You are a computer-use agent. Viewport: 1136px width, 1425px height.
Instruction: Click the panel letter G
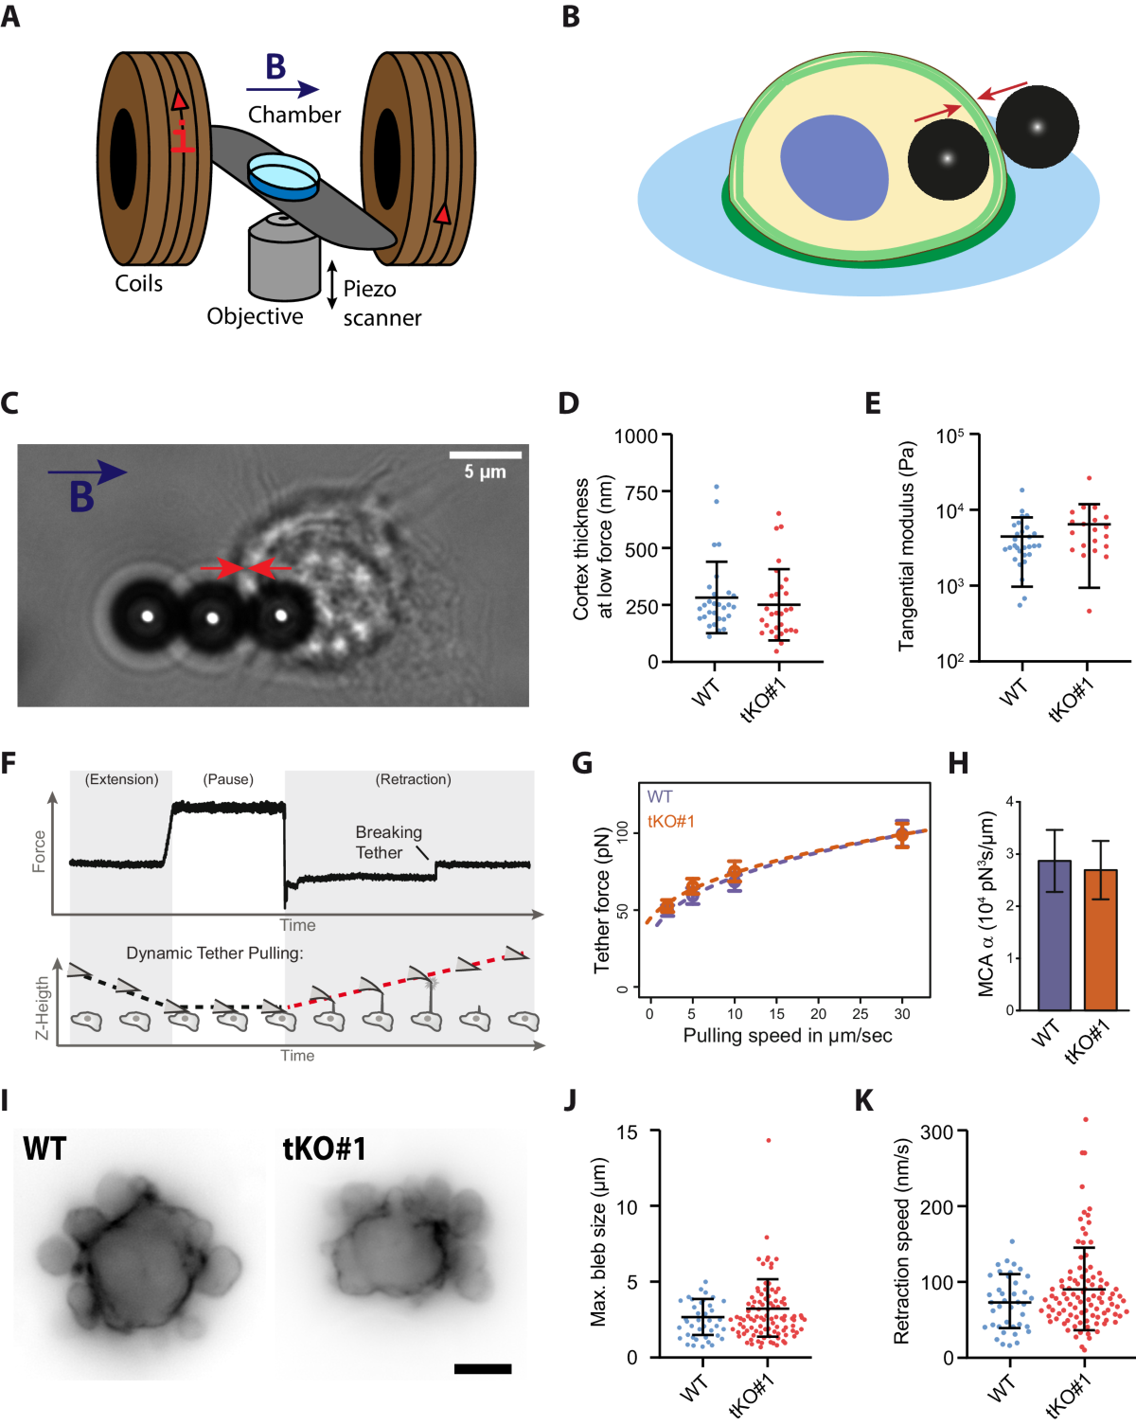click(581, 763)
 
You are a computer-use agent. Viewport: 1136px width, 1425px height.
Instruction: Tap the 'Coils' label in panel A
click(138, 283)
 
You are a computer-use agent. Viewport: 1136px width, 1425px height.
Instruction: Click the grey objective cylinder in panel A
click(283, 265)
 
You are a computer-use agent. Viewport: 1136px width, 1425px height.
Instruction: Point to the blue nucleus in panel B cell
click(833, 168)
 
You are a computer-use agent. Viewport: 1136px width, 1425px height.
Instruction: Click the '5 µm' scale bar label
click(485, 472)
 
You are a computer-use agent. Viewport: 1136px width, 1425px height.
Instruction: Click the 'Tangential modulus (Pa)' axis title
click(907, 545)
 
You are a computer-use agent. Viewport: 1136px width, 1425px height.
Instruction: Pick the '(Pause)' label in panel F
click(228, 779)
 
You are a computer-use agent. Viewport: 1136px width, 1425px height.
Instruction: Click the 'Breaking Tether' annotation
click(388, 842)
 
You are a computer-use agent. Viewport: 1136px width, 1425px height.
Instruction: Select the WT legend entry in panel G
click(660, 796)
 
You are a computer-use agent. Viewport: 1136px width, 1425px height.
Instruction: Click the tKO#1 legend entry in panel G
click(670, 821)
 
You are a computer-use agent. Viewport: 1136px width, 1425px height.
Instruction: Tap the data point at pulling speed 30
click(902, 834)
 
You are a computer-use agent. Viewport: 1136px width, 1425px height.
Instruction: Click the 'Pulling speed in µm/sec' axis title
click(787, 1035)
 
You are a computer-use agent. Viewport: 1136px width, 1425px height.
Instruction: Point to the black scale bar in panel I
click(483, 1368)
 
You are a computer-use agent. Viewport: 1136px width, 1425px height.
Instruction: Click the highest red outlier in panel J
click(769, 1140)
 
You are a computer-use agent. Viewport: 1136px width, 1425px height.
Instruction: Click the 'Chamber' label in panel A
click(293, 115)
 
